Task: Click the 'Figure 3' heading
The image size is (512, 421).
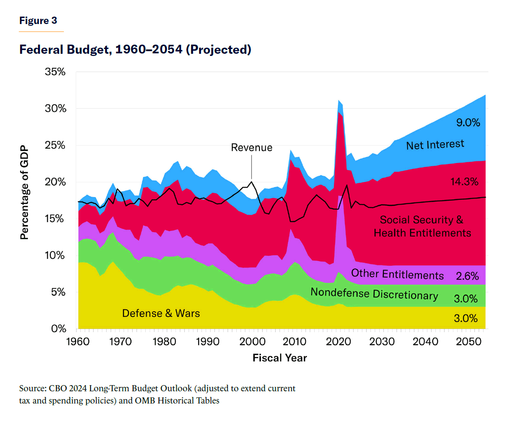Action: pos(38,21)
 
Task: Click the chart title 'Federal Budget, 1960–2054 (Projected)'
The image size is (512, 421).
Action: pos(135,50)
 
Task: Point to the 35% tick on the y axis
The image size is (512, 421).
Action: pos(55,72)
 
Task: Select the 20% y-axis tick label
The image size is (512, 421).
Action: pos(55,182)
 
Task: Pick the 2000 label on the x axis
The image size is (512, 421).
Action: pos(251,341)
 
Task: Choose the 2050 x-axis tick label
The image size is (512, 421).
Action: pos(467,341)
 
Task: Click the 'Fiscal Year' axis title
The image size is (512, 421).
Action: pos(280,358)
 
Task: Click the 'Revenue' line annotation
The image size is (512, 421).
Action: pos(252,147)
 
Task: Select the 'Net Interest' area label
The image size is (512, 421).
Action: pos(435,145)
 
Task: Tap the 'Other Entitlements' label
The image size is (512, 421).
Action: pos(397,275)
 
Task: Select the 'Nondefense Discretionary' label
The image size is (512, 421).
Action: pos(374,294)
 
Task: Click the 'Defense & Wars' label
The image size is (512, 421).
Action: pos(161,313)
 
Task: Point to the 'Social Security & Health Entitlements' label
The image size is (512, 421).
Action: pos(422,226)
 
